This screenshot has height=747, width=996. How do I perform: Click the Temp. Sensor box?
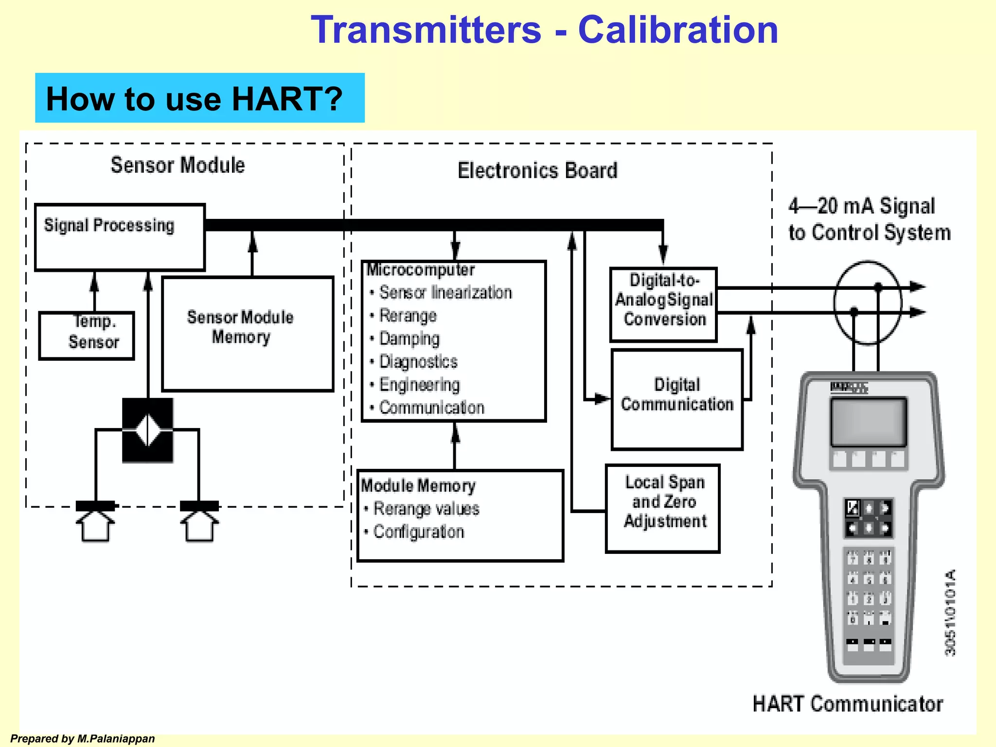pyautogui.click(x=87, y=336)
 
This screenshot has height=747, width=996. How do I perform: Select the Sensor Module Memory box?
pyautogui.click(x=248, y=334)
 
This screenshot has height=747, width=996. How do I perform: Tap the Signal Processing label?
pyautogui.click(x=109, y=225)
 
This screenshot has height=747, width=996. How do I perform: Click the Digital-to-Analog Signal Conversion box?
pyautogui.click(x=664, y=304)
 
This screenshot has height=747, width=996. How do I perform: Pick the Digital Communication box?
pyautogui.click(x=677, y=399)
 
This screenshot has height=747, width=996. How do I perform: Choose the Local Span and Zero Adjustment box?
pyautogui.click(x=663, y=508)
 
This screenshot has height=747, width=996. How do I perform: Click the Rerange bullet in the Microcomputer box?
pyautogui.click(x=408, y=316)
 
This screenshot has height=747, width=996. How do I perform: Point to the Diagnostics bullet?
pyautogui.click(x=418, y=362)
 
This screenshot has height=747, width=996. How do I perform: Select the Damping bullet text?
pyautogui.click(x=409, y=338)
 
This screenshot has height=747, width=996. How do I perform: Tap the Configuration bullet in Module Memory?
pyautogui.click(x=418, y=532)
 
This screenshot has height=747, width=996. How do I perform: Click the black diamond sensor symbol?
pyautogui.click(x=147, y=430)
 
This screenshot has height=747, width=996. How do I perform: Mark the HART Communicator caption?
pyautogui.click(x=848, y=704)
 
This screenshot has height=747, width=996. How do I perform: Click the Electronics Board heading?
pyautogui.click(x=537, y=171)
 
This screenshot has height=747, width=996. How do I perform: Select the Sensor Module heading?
pyautogui.click(x=178, y=165)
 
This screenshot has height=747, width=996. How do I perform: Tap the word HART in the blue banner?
pyautogui.click(x=287, y=99)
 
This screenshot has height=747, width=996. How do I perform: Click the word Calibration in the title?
pyautogui.click(x=678, y=30)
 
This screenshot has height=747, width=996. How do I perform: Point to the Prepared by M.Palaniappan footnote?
pyautogui.click(x=83, y=739)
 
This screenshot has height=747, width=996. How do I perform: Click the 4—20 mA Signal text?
pyautogui.click(x=861, y=206)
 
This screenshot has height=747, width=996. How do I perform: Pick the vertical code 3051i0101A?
pyautogui.click(x=950, y=613)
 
